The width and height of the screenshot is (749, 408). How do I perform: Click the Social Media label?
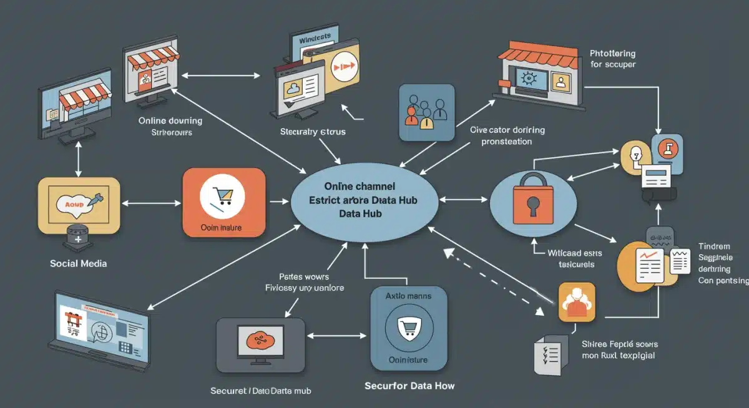78,263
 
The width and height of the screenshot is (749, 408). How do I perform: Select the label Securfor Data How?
409,386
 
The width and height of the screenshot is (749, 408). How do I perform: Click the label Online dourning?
170,120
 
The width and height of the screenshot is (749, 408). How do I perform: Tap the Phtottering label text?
614,54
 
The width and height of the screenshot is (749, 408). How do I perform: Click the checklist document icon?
552,354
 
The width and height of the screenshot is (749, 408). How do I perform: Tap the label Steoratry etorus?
313,132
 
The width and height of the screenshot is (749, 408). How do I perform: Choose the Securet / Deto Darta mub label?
261,391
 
